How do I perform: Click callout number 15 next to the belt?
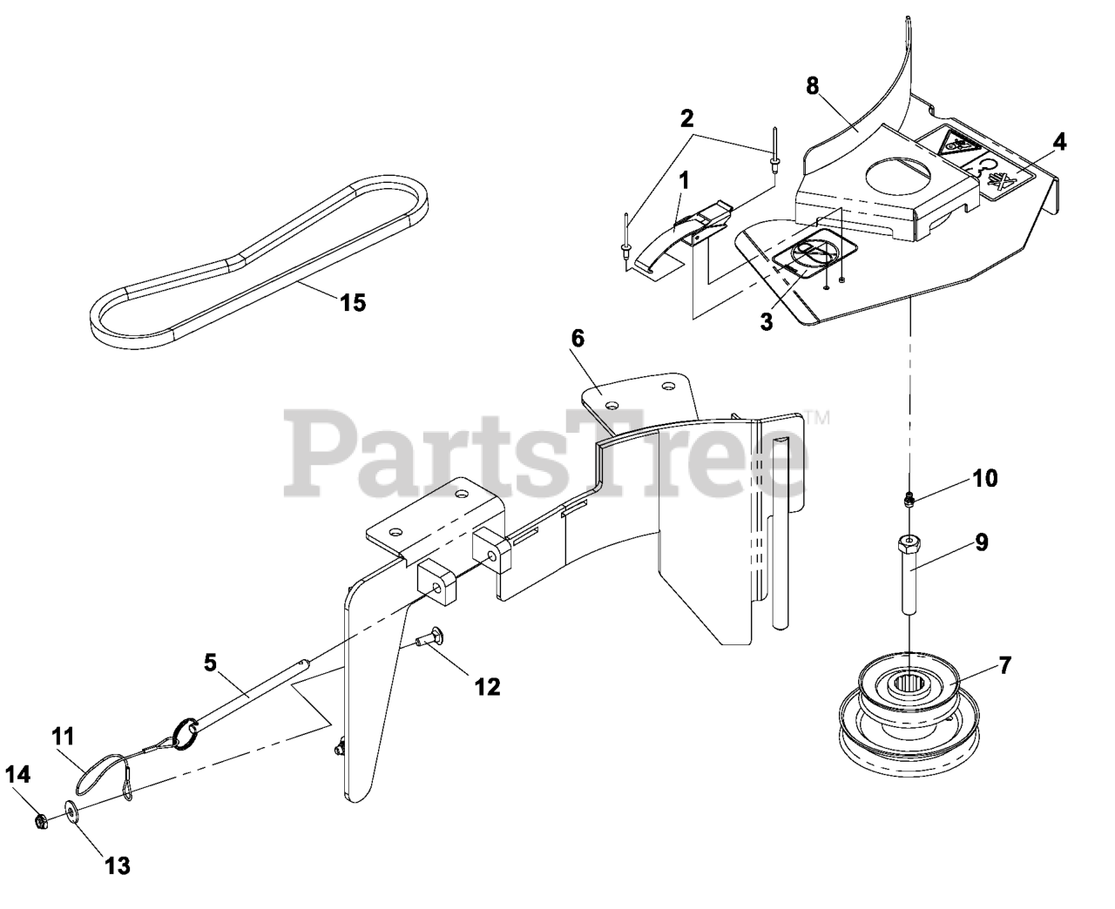coord(353,303)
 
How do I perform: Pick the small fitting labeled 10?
coord(909,499)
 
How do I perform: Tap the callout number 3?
coord(766,321)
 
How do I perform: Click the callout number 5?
coord(209,663)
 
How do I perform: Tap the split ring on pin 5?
coord(187,731)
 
